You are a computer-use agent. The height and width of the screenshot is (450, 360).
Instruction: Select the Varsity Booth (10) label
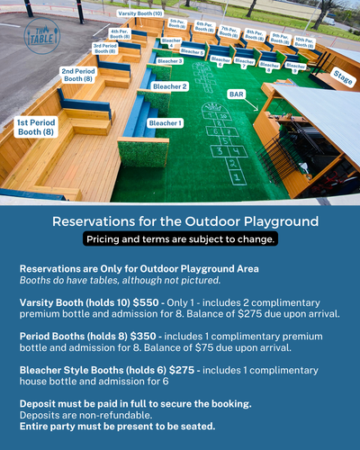pos(140,14)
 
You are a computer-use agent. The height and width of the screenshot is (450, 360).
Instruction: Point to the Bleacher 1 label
pos(165,122)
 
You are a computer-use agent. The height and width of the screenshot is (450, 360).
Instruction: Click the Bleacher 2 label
pos(171,86)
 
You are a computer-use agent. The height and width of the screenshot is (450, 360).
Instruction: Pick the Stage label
pos(343,78)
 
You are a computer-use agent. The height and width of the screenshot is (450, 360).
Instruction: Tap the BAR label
pos(237,94)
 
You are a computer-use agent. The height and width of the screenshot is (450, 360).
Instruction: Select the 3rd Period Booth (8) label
pos(105,49)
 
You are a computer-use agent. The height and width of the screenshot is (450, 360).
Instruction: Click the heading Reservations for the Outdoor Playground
pos(180,221)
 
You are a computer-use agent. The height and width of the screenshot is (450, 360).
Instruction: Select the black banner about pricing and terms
pos(180,239)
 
